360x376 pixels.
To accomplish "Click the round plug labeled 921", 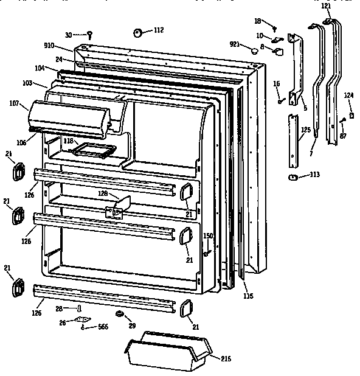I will (254, 53).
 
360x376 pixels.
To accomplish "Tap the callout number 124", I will (348, 94).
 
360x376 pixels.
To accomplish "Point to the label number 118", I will (68, 141).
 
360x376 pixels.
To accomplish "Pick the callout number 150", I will (207, 235).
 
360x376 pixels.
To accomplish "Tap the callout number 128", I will (103, 193).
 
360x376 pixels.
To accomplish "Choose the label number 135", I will (247, 296).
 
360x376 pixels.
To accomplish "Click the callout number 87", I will (343, 135).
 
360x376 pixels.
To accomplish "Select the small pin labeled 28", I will (79, 307).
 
